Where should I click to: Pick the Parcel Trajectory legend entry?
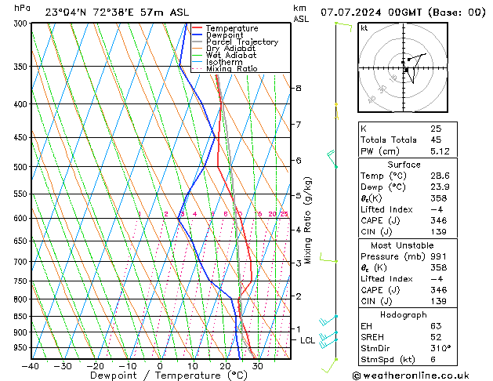241,42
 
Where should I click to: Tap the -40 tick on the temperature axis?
31,366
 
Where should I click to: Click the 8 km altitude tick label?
298,89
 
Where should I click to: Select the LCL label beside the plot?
307,341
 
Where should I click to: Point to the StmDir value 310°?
441,348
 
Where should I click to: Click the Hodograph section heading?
404,314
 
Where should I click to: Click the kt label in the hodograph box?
364,28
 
